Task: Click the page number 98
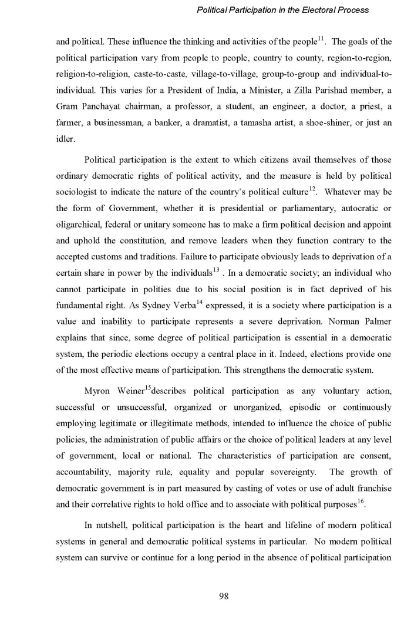coord(223,596)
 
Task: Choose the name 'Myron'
coord(98,391)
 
